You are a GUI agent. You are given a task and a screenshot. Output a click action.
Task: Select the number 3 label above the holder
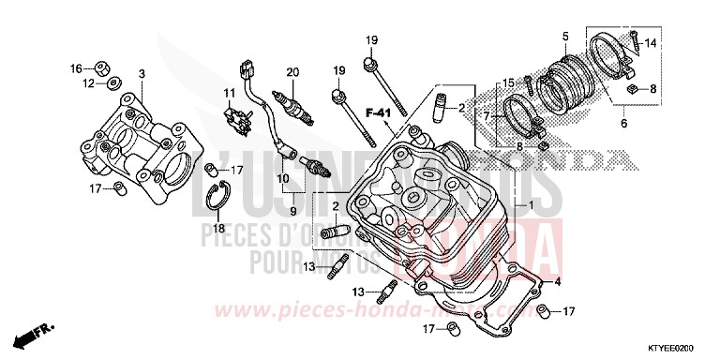click(142, 73)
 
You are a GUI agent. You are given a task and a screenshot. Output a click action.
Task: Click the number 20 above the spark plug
click(292, 71)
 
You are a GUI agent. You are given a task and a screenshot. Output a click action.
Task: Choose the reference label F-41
click(378, 113)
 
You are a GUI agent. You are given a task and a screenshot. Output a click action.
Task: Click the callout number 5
click(565, 36)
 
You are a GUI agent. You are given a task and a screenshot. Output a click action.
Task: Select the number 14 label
click(651, 43)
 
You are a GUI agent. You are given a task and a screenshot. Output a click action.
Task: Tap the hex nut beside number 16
click(104, 67)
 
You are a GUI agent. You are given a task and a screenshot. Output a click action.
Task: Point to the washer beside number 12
click(113, 83)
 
